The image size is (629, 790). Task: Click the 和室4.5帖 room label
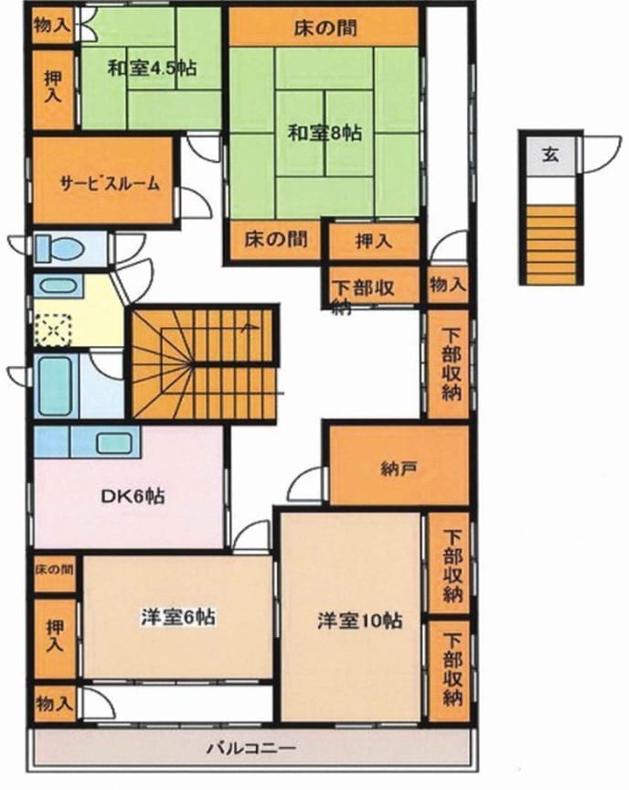coord(152,68)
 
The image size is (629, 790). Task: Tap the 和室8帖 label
coord(325,134)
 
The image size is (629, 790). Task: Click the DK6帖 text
coord(133,497)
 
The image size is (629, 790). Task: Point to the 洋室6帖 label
coord(178,617)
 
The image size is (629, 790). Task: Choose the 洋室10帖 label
coord(360,621)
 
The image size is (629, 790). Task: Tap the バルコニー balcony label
coord(251,748)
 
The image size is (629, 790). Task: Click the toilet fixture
coord(59,248)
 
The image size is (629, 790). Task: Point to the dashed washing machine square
coord(53,330)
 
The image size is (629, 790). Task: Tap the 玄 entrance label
coord(550,154)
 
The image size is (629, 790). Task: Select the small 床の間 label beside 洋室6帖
coord(54,569)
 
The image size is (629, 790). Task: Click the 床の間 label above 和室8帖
coord(325,27)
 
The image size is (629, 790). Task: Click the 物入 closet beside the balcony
coord(53,704)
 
